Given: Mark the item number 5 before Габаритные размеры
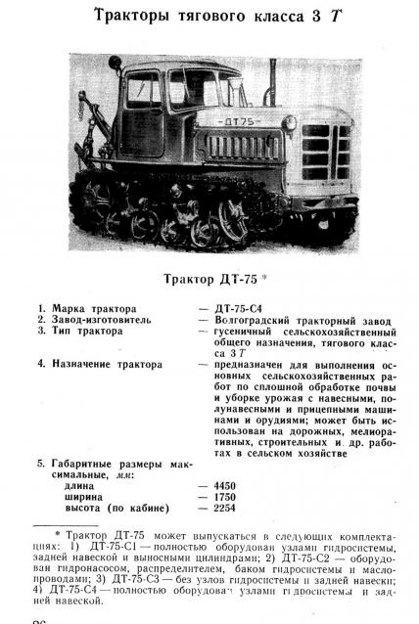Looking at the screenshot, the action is (x=40, y=461).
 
